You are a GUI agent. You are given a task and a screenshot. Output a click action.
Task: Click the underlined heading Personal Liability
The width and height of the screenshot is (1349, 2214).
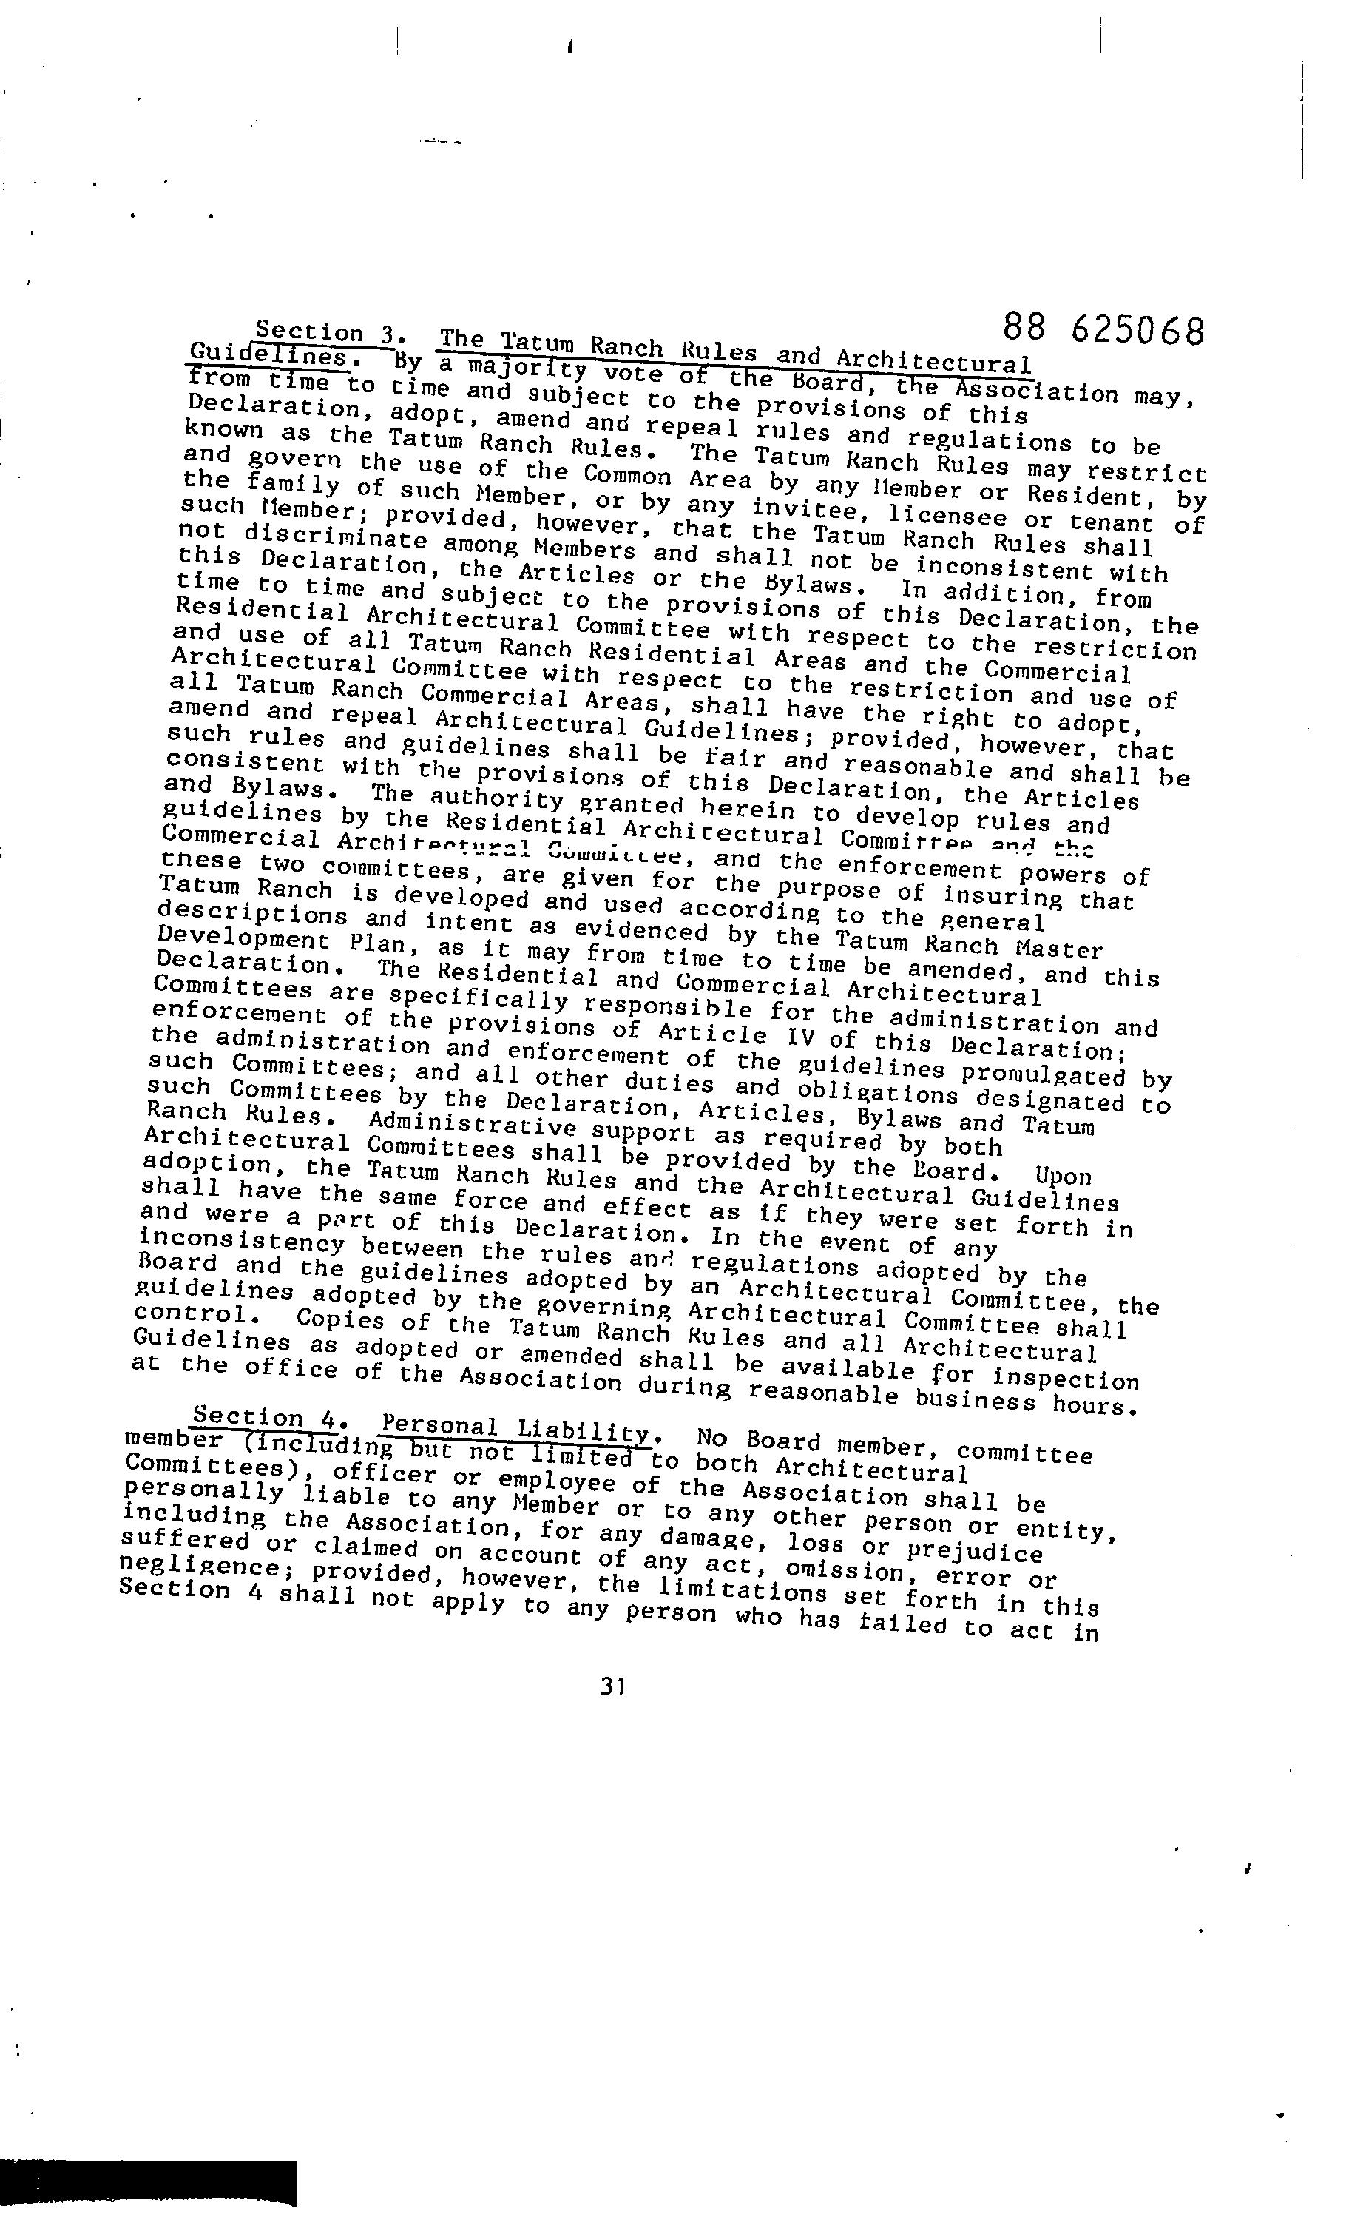point(515,1428)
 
